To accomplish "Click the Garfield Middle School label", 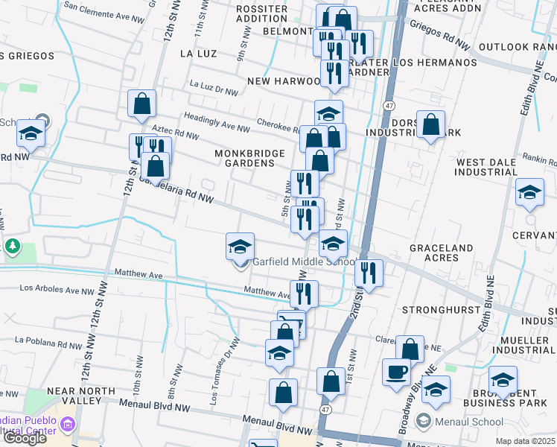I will coord(304,261).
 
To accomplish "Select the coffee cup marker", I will coord(396,372).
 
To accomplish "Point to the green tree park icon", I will coord(12,246).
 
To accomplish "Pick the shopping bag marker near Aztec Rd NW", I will coord(141,106).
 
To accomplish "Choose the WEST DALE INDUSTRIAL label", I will coord(486,167).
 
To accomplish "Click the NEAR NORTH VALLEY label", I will coord(74,396).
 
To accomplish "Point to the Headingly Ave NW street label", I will coord(217,123).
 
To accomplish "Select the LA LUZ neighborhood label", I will coord(198,54).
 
